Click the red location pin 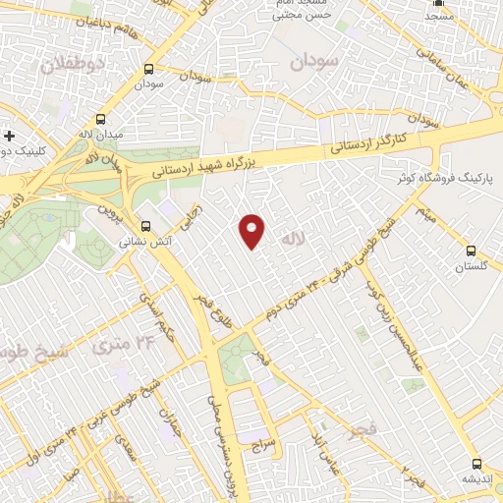pyautogui.click(x=253, y=230)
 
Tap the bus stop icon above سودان pyautogui.click(x=148, y=70)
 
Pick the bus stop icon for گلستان pyautogui.click(x=471, y=251)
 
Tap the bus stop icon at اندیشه pyautogui.click(x=477, y=464)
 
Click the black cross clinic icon pyautogui.click(x=10, y=136)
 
